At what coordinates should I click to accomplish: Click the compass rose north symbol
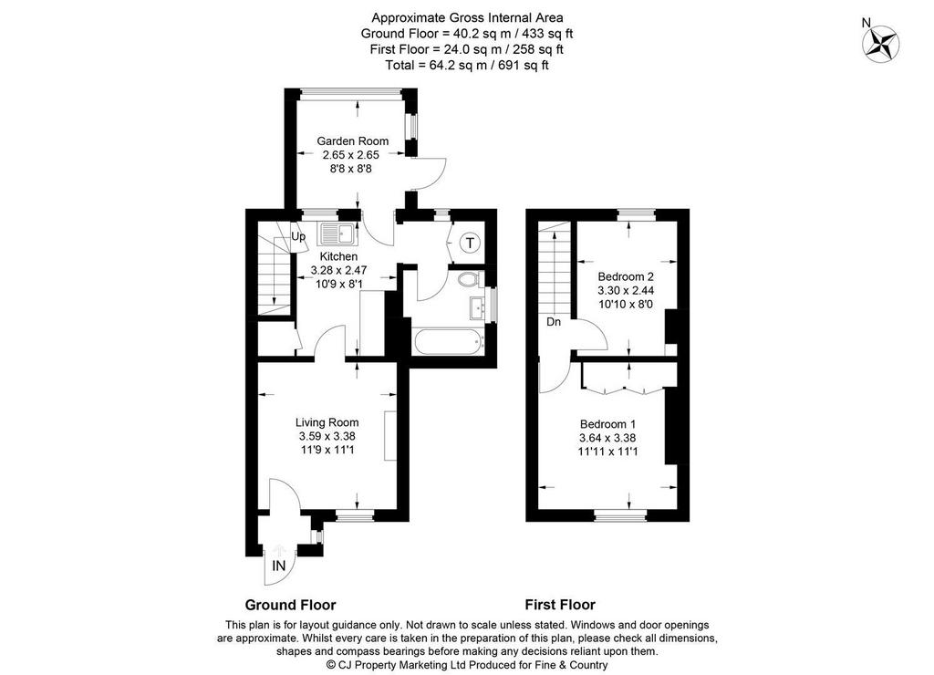[x=881, y=45]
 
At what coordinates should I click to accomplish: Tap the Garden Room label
[x=353, y=141]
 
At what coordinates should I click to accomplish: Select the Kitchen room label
[x=339, y=256]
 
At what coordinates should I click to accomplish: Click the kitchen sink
[x=337, y=234]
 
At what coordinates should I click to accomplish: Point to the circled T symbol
[x=471, y=243]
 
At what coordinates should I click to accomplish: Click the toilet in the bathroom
[x=472, y=279]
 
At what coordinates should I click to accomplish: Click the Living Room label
[x=327, y=422]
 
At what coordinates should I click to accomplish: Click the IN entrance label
[x=279, y=566]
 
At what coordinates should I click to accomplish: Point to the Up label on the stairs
[x=298, y=237]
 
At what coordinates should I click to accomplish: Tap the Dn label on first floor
[x=554, y=322]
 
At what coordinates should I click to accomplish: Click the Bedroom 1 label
[x=608, y=424]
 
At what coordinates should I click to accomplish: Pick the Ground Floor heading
[x=291, y=606]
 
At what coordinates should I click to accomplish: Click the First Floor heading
[x=560, y=606]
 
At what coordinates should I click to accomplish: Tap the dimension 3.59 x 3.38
[x=327, y=436]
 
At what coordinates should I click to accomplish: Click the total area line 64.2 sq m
[x=467, y=65]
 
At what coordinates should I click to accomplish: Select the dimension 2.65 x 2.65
[x=351, y=155]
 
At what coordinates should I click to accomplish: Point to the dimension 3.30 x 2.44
[x=626, y=291]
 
